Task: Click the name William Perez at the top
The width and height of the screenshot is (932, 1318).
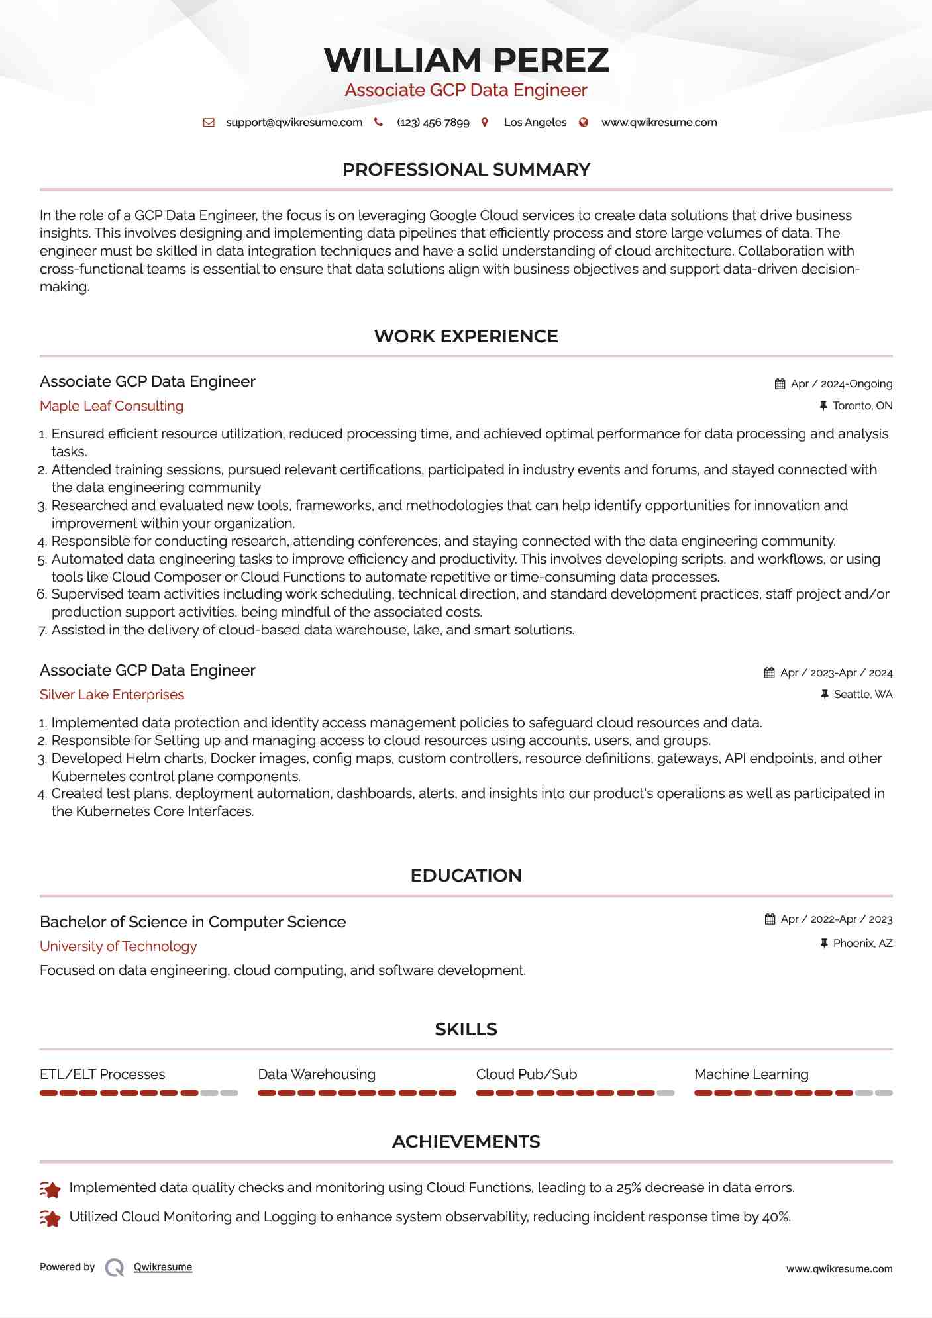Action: point(466,60)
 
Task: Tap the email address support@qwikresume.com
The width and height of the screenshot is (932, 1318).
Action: point(294,122)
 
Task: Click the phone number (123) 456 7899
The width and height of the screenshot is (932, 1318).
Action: point(433,122)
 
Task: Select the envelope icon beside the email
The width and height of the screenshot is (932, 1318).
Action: point(209,122)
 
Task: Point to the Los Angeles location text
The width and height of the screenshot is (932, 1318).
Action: point(535,122)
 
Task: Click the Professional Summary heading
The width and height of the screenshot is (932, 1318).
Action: point(466,170)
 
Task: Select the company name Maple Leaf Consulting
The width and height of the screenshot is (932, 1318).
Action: point(111,406)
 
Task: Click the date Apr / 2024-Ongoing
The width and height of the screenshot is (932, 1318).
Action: point(841,384)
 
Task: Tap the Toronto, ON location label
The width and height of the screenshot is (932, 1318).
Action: point(862,405)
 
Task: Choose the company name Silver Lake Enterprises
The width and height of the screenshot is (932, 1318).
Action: point(112,695)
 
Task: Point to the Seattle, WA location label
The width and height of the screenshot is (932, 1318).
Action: point(862,694)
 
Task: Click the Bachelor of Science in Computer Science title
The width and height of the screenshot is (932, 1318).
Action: point(193,922)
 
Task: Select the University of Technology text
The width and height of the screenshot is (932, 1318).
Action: point(119,946)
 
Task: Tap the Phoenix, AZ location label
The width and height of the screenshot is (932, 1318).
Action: point(862,943)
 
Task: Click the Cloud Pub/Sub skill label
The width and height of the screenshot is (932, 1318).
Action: point(526,1074)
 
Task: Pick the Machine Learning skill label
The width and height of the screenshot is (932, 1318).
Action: point(751,1074)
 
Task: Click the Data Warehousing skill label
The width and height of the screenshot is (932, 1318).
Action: point(317,1074)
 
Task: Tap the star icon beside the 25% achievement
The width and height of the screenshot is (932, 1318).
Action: point(50,1190)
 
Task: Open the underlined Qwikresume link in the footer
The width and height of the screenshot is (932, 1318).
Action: point(163,1267)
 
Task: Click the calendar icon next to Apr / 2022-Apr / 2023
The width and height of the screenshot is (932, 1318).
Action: point(770,919)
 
